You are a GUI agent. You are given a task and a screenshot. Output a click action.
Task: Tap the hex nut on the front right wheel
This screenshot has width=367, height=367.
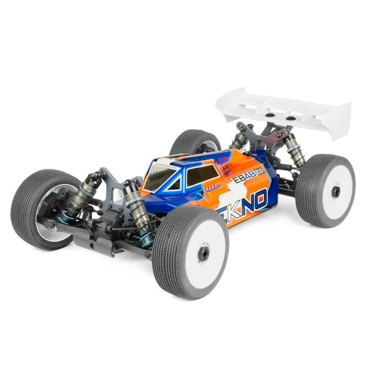203,252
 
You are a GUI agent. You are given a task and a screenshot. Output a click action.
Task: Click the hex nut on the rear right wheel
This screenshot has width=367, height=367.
336,192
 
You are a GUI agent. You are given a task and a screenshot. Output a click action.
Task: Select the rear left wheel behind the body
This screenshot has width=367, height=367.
195,142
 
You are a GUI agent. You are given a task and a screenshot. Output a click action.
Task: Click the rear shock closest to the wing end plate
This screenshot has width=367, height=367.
294,149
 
